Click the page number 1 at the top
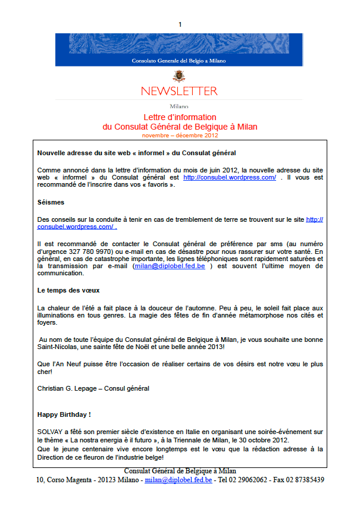click(180, 24)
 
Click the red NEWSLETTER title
click(179, 91)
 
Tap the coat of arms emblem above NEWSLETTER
click(179, 76)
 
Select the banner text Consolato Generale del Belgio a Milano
click(179, 61)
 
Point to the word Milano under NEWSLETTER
click(179, 106)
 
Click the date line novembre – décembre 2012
click(180, 135)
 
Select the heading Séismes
click(51, 202)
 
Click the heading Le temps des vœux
click(68, 290)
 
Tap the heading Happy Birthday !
click(64, 414)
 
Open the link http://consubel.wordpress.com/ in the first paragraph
click(230, 177)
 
